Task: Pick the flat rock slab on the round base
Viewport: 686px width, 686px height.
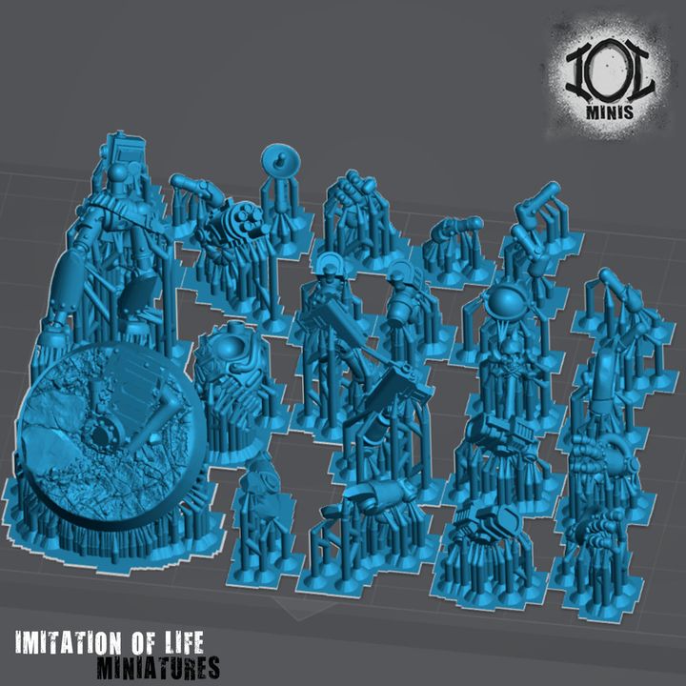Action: pyautogui.click(x=57, y=419)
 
